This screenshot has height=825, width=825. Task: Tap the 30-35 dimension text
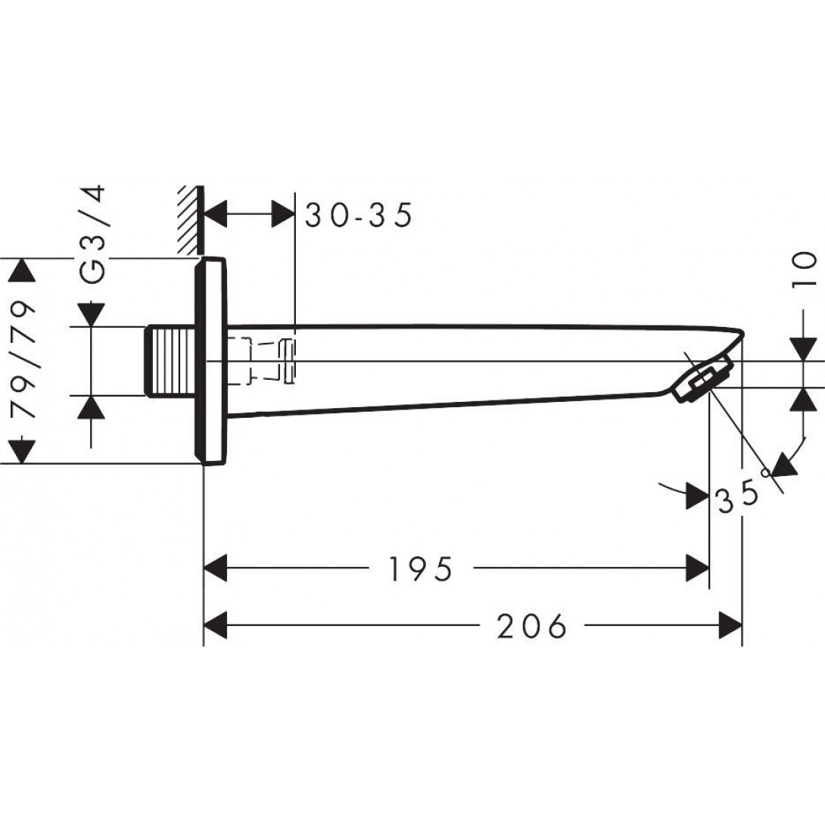[359, 216]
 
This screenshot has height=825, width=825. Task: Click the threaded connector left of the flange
[171, 361]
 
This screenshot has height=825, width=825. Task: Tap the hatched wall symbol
[188, 219]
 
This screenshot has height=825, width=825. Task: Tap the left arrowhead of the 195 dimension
[216, 568]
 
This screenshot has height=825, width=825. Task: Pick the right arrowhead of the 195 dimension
[697, 568]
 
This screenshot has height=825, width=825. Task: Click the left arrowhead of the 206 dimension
[216, 626]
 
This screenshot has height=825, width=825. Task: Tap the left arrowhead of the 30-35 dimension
[216, 215]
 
